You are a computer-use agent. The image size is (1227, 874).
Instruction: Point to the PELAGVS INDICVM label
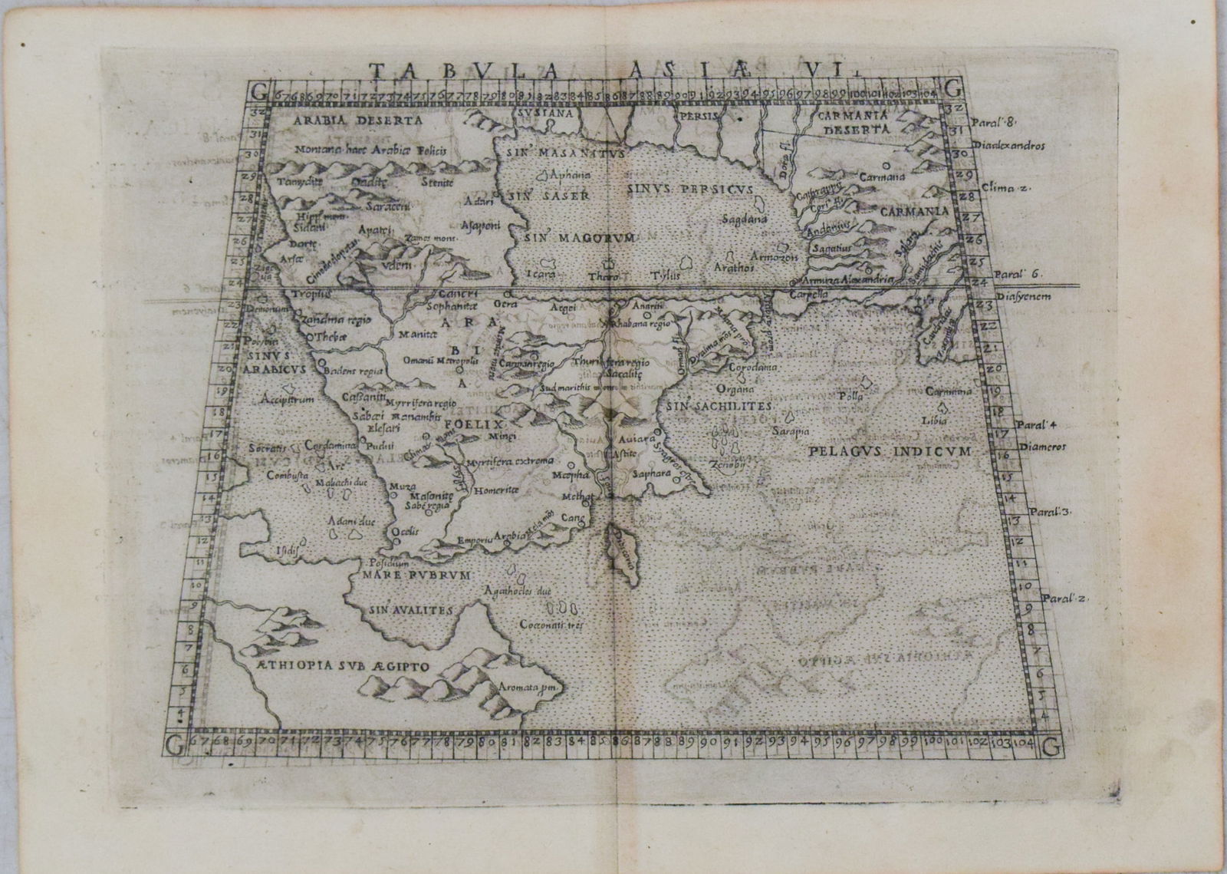[x=890, y=450]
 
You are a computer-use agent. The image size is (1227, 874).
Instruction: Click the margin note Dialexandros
[x=1008, y=144]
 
